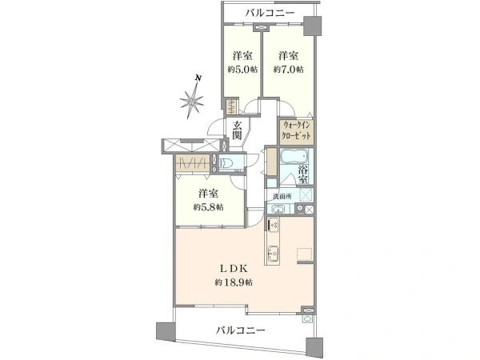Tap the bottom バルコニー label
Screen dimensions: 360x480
(240, 330)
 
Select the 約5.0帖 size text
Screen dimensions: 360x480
(242, 70)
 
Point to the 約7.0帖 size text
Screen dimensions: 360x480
(288, 70)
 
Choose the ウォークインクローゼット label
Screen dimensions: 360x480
(296, 130)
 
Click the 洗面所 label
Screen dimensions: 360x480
(282, 196)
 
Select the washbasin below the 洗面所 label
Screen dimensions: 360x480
(276, 209)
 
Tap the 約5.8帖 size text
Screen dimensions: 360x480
(208, 207)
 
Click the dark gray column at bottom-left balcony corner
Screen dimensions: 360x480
(162, 330)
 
